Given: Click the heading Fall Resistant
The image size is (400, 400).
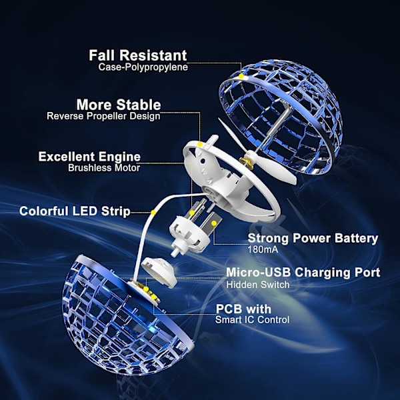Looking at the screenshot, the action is (x=138, y=55).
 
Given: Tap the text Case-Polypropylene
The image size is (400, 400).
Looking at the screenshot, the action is (x=143, y=67).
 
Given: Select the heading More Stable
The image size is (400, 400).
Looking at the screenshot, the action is (x=119, y=105).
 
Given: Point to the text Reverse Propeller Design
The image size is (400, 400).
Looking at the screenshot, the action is (x=103, y=116).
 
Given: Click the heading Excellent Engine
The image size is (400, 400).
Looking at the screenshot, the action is (x=89, y=157).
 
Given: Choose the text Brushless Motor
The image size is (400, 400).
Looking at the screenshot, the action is (x=104, y=168).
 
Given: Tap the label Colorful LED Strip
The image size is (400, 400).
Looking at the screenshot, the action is (x=75, y=211).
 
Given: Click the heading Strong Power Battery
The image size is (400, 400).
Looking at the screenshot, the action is (x=313, y=239).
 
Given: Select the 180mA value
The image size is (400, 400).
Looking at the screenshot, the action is (x=263, y=249).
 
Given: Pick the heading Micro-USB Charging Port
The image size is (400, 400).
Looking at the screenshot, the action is (x=303, y=273).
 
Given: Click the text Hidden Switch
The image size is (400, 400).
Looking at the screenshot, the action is (x=258, y=285).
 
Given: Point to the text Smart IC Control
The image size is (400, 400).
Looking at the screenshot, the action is (x=252, y=319).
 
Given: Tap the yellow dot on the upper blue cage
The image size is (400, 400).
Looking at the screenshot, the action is (x=241, y=76).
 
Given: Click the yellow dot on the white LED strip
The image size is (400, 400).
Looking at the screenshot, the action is (x=153, y=212).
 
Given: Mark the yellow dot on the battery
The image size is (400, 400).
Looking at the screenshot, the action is (x=214, y=223).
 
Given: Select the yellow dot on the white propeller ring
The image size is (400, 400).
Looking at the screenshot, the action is (x=200, y=145).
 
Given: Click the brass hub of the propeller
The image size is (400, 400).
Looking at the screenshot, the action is (x=247, y=162).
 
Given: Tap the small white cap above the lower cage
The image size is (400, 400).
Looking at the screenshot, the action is (x=159, y=272).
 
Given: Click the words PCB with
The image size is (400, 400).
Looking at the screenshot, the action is (x=243, y=309).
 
